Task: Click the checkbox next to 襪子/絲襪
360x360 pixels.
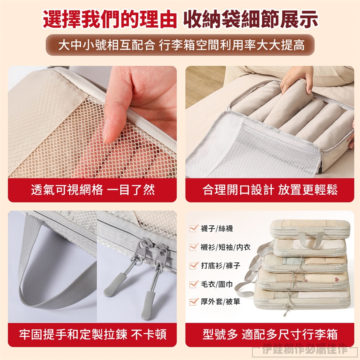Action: click(x=193, y=228)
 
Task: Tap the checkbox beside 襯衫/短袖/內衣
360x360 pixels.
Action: click(x=193, y=247)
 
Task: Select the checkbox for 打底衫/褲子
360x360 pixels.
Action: click(x=193, y=265)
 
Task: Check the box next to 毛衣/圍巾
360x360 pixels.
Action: click(x=193, y=284)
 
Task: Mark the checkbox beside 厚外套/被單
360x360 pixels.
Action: click(x=193, y=301)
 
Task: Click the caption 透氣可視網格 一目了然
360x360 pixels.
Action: click(x=93, y=190)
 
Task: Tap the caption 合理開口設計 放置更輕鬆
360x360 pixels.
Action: click(x=270, y=190)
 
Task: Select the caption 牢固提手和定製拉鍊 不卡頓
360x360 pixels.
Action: click(x=93, y=334)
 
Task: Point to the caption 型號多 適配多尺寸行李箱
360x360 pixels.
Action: click(x=270, y=334)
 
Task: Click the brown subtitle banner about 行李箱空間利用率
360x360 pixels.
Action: click(x=180, y=45)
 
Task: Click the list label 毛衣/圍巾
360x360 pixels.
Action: click(x=217, y=284)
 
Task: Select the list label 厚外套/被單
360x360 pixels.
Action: click(x=220, y=301)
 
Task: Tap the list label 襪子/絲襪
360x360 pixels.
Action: click(x=217, y=228)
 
